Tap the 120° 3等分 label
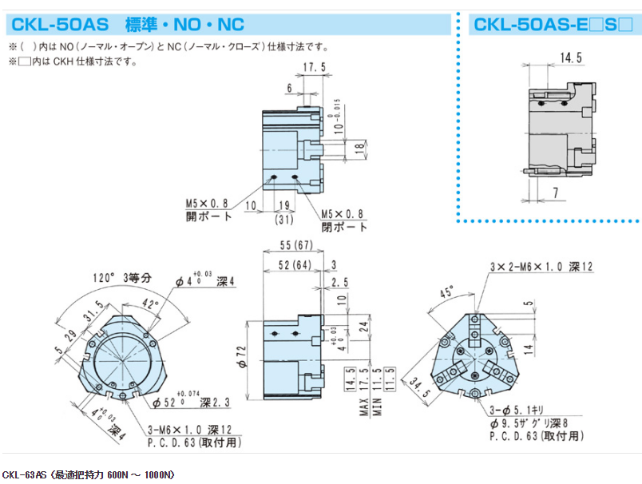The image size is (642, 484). [x=120, y=279]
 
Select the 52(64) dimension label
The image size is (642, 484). [x=289, y=265]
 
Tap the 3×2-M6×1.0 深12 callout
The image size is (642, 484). [x=541, y=267]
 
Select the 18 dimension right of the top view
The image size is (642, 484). [x=359, y=147]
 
